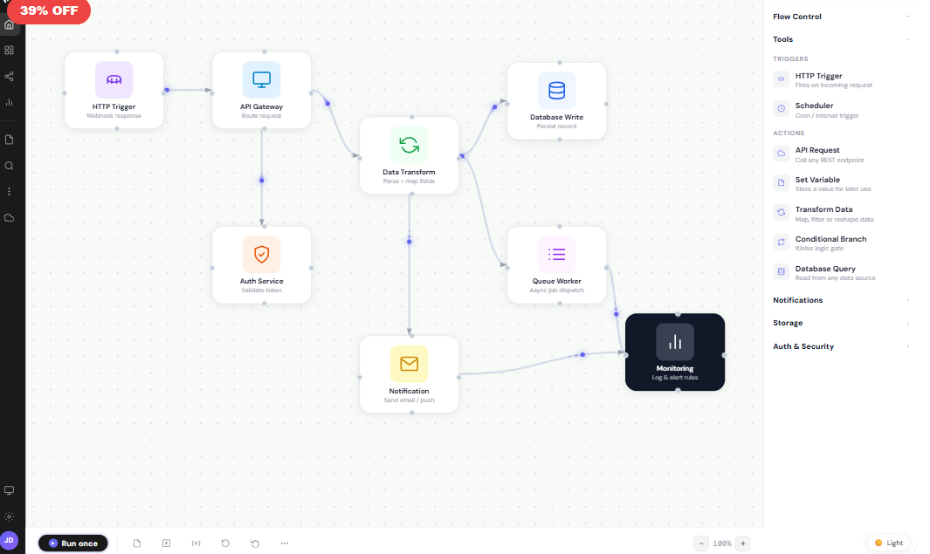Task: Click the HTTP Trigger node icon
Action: [x=114, y=79]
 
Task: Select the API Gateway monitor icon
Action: [x=261, y=79]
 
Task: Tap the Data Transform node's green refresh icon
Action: [x=409, y=145]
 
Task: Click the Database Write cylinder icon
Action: [x=556, y=90]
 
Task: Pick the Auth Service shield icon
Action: [x=261, y=254]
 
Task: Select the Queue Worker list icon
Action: [x=556, y=254]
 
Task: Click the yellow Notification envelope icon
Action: [x=409, y=363]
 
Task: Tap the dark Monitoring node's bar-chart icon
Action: [x=675, y=342]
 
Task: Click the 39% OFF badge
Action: [x=49, y=11]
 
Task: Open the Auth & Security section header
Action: [x=803, y=346]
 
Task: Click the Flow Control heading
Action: [x=797, y=17]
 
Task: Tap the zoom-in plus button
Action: [x=743, y=543]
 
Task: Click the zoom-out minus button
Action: [x=701, y=543]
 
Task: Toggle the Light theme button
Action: [x=889, y=543]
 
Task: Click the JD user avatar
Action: [x=9, y=540]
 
